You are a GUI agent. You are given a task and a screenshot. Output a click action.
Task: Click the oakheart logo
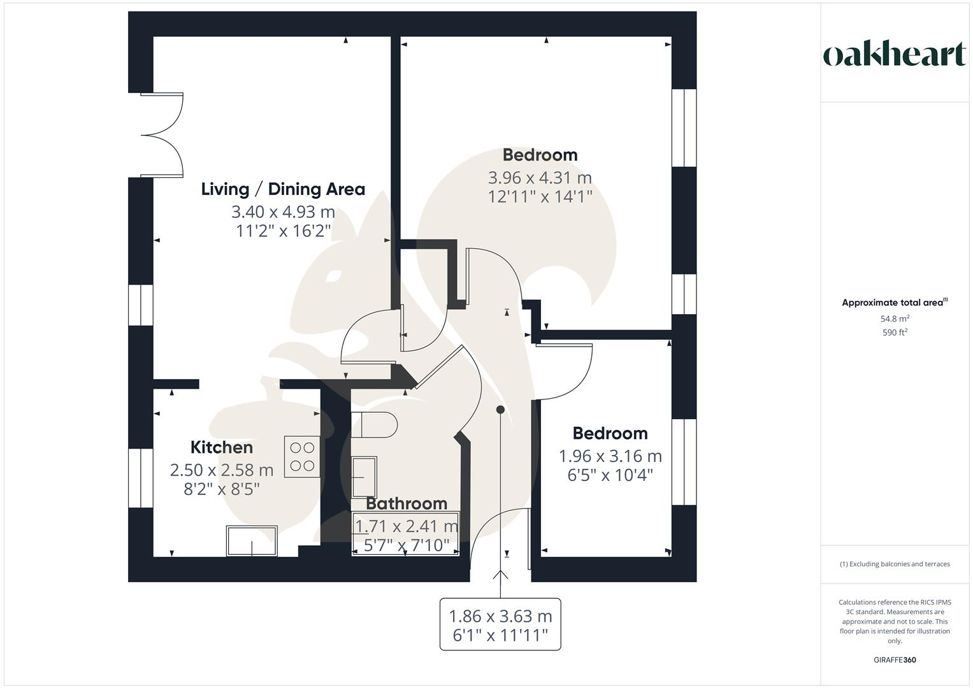pos(894,55)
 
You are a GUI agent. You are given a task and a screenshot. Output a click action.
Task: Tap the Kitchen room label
pos(222,447)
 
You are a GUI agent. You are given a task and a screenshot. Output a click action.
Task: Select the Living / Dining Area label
pos(283,189)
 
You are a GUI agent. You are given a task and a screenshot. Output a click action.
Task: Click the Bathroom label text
pos(407,503)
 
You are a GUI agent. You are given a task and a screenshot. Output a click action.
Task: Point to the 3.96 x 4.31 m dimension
pos(540,177)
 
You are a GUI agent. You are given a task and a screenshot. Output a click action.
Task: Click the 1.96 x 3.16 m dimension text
pos(610,456)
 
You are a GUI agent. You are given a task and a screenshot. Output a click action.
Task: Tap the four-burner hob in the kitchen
pos(302,456)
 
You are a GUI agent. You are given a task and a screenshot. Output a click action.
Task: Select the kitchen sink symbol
pos(252,541)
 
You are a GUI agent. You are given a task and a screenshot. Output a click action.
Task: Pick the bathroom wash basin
pos(364,477)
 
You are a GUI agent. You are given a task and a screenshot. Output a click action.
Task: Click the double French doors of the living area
pos(162,134)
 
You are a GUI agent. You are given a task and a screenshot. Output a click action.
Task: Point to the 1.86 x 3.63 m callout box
pos(500,624)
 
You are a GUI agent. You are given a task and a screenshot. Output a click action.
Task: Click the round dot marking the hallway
pos(500,410)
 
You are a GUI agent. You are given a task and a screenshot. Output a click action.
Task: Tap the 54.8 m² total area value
pos(895,319)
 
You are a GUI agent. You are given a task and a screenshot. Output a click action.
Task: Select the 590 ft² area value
pos(895,333)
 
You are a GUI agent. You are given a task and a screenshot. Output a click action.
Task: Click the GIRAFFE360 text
pos(895,660)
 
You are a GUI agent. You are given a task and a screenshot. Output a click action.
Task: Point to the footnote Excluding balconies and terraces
pos(895,564)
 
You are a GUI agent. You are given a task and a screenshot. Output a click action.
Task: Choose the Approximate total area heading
pos(893,303)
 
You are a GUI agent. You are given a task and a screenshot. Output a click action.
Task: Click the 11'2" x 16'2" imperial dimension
pos(283,231)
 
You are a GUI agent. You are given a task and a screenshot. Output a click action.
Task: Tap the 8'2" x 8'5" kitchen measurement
pos(221,489)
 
